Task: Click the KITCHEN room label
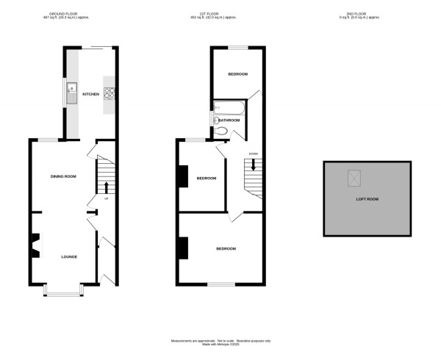click(x=90, y=94)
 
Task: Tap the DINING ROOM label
click(x=63, y=176)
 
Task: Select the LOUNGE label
click(x=69, y=256)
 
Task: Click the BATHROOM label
click(x=229, y=120)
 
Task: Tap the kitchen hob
click(x=110, y=93)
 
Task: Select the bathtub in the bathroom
click(x=227, y=108)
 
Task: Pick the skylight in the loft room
click(x=355, y=178)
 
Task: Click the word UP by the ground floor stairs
click(x=106, y=198)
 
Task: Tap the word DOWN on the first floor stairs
click(x=252, y=154)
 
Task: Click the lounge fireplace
click(x=35, y=246)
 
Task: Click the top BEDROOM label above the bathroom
click(x=237, y=74)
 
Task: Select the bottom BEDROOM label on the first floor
click(x=226, y=248)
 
